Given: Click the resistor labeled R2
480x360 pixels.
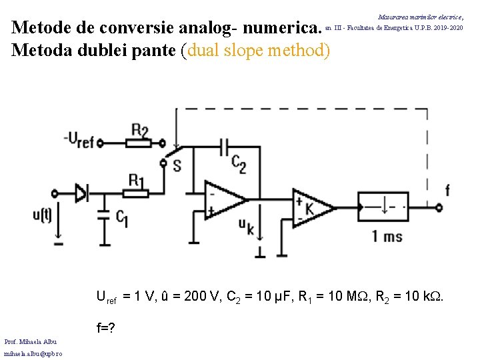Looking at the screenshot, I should pyautogui.click(x=140, y=141).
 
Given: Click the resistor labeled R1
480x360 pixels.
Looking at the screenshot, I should pyautogui.click(x=135, y=193).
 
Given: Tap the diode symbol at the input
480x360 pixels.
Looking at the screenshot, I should pyautogui.click(x=82, y=193).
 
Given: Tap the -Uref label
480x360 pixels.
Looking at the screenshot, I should pyautogui.click(x=79, y=139).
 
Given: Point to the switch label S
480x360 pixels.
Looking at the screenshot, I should pyautogui.click(x=176, y=165).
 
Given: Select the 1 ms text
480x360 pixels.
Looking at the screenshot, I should pyautogui.click(x=387, y=235).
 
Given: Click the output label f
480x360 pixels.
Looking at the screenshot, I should pyautogui.click(x=447, y=190).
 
